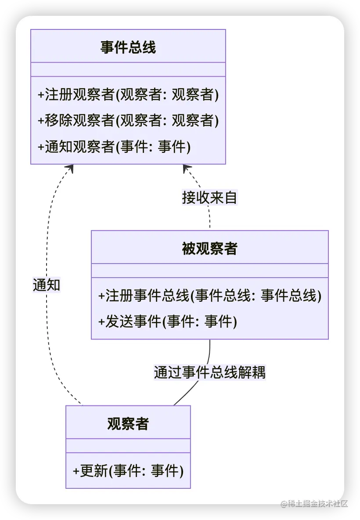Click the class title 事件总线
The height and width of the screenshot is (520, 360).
[x=128, y=47]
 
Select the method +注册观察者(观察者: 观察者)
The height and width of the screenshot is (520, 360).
[x=128, y=95]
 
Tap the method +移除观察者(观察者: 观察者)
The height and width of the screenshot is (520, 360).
[x=128, y=120]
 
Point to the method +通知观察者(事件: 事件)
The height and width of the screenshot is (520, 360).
[x=114, y=146]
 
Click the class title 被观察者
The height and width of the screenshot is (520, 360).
[x=209, y=249]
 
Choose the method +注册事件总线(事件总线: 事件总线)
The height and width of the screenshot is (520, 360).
[x=210, y=296]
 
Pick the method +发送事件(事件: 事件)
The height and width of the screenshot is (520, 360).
[x=168, y=321]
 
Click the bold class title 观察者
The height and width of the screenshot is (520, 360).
[x=128, y=423]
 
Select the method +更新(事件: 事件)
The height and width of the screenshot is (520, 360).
[x=128, y=471]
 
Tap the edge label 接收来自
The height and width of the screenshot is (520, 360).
[x=209, y=198]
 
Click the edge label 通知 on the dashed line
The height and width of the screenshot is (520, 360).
[x=47, y=285]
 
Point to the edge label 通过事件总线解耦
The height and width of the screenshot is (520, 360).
[x=209, y=372]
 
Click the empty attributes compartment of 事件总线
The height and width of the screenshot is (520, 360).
[x=128, y=69]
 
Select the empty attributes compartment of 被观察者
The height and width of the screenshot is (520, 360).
[x=209, y=271]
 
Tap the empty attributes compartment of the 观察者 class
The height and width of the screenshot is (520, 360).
[x=128, y=445]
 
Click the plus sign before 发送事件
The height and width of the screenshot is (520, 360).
[x=101, y=322]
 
